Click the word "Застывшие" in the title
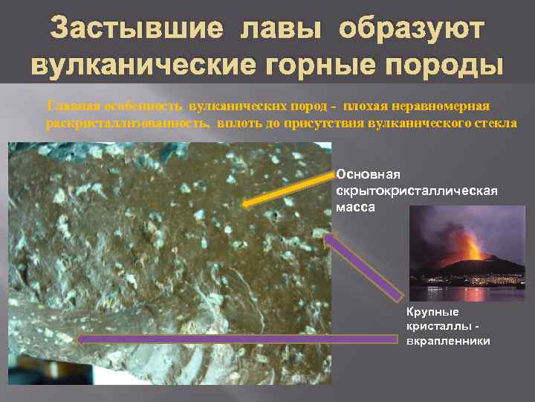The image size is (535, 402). (135, 29)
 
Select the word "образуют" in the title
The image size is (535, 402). (410, 29)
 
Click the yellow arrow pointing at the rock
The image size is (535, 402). (290, 189)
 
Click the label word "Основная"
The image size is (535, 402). (368, 174)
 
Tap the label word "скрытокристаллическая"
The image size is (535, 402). (416, 191)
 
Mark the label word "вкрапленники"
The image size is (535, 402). (448, 341)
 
